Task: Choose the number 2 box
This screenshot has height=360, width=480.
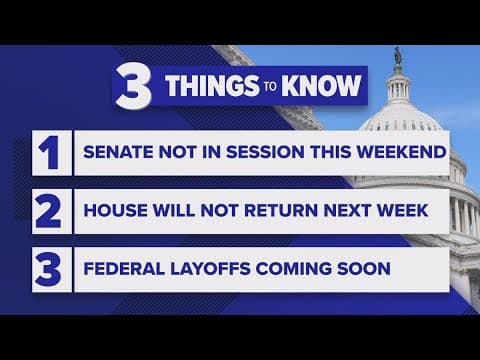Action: click(x=49, y=212)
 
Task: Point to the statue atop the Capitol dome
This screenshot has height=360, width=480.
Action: click(x=397, y=56)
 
